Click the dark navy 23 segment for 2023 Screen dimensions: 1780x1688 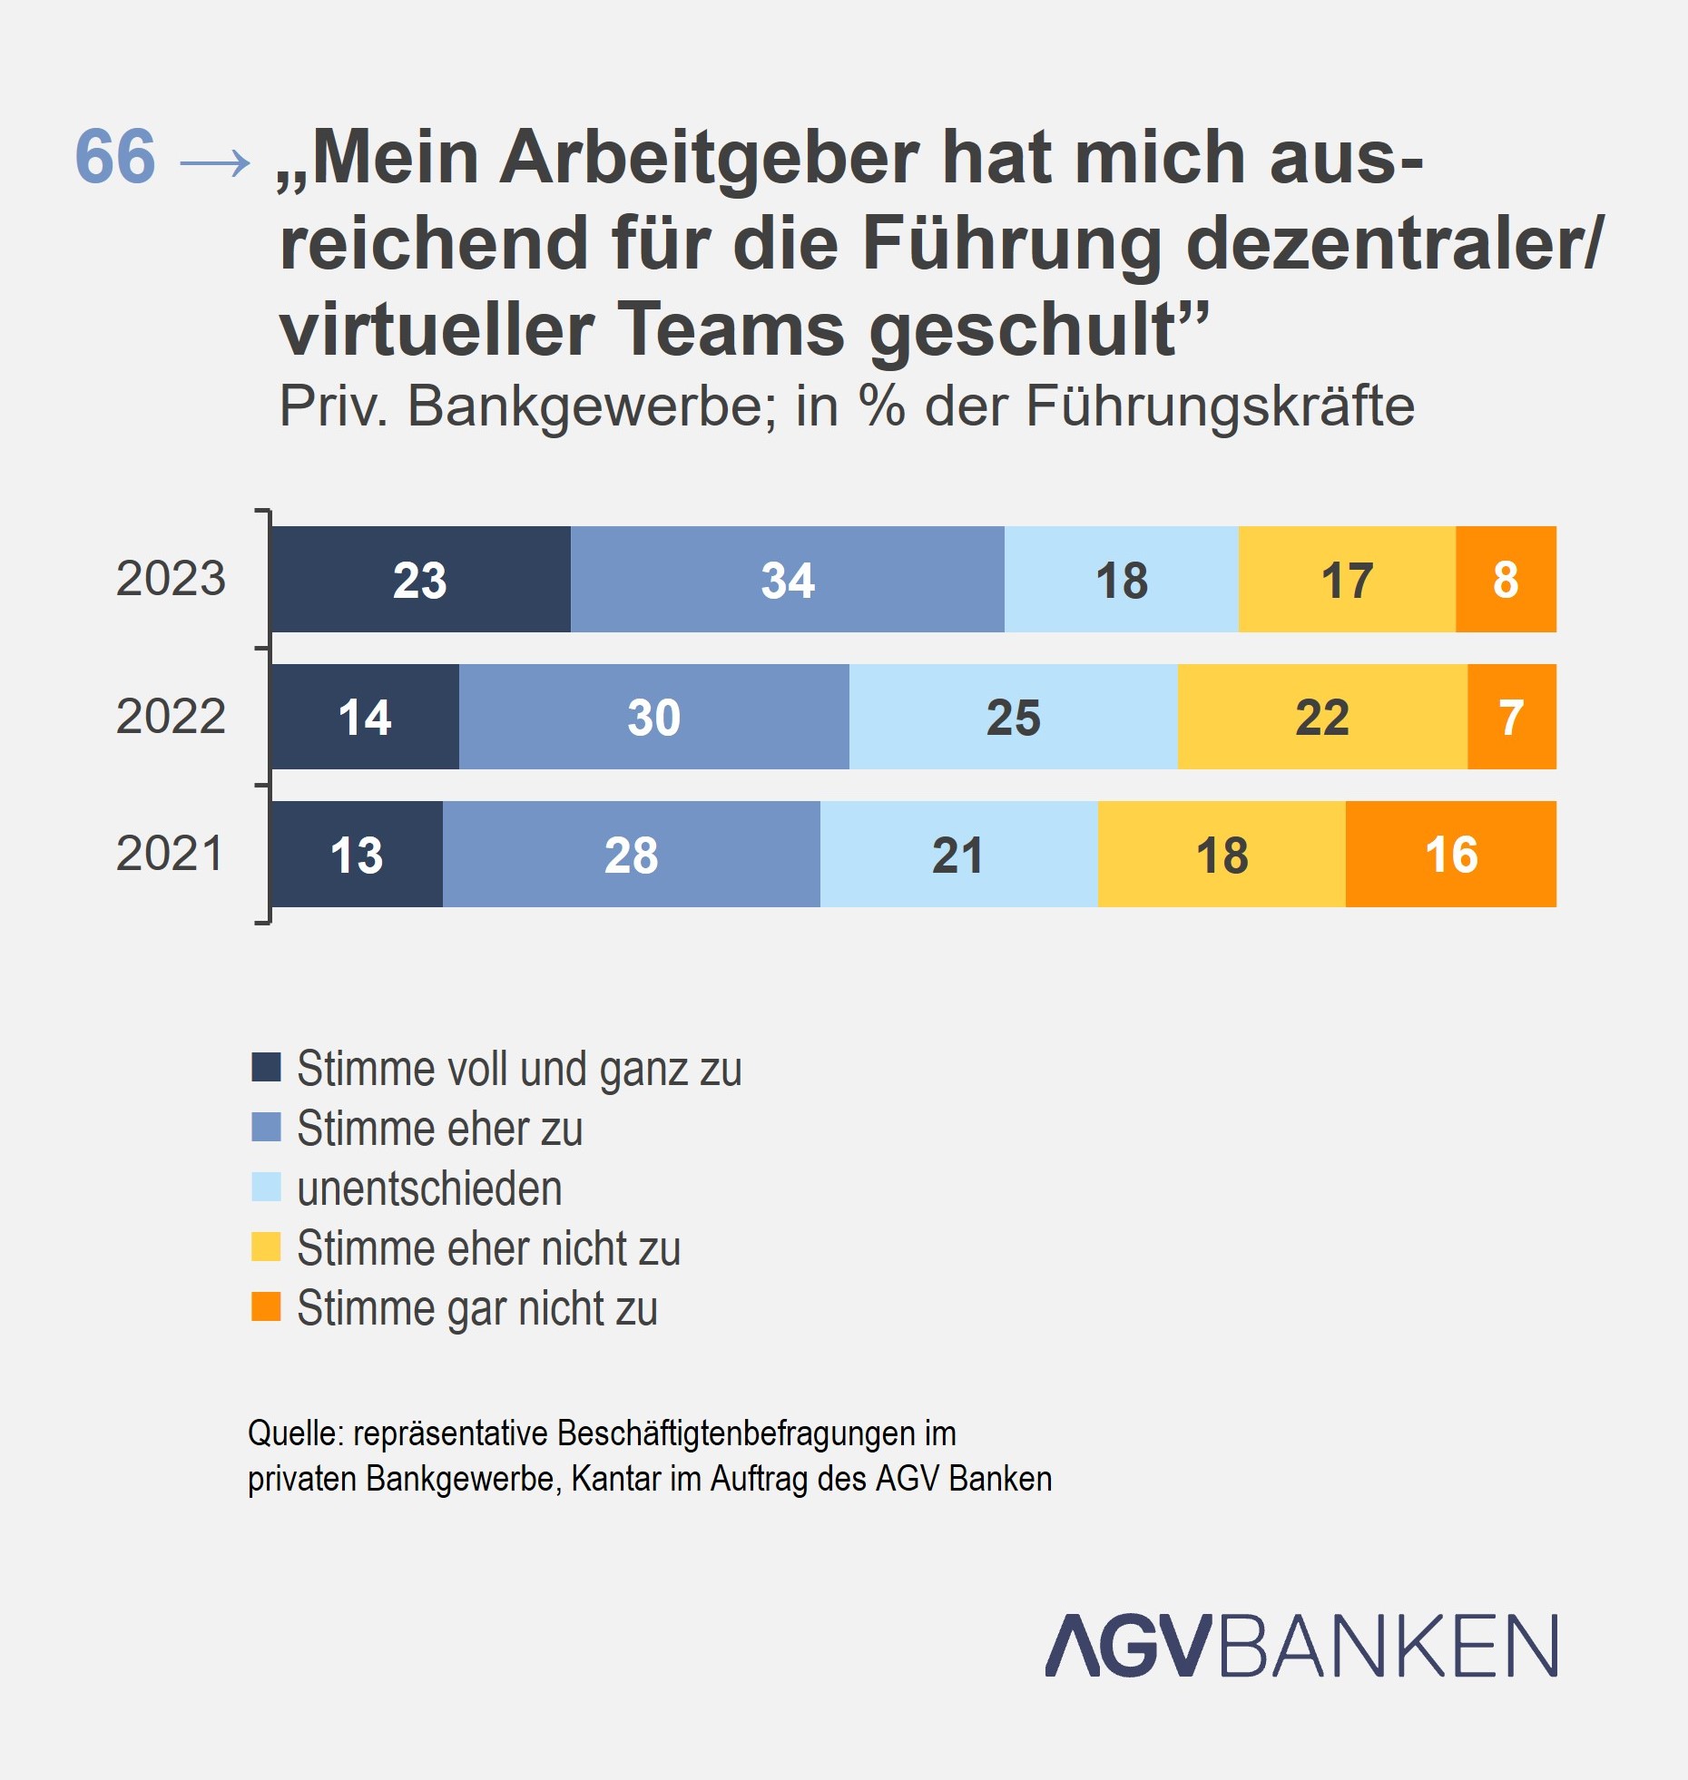420,580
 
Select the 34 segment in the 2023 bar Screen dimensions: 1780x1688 787,580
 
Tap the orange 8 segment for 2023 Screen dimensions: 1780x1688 1506,580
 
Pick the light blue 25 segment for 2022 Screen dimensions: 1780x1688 1013,717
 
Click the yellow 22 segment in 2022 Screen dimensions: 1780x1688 1321,717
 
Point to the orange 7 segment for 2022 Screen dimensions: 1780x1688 1511,717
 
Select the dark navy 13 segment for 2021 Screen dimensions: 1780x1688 357,855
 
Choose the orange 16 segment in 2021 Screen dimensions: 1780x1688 1450,855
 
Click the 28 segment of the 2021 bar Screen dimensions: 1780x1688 631,855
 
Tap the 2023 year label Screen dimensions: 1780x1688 171,579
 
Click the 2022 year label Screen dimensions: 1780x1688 171,717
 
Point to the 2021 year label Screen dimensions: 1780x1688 170,854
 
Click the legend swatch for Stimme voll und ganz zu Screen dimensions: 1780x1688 266,1067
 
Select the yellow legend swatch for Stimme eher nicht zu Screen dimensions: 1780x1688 266,1247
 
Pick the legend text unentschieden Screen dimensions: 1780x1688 429,1188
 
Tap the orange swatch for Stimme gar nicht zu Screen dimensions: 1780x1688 266,1306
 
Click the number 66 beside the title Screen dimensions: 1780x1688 115,156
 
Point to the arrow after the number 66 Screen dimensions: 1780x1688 215,163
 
